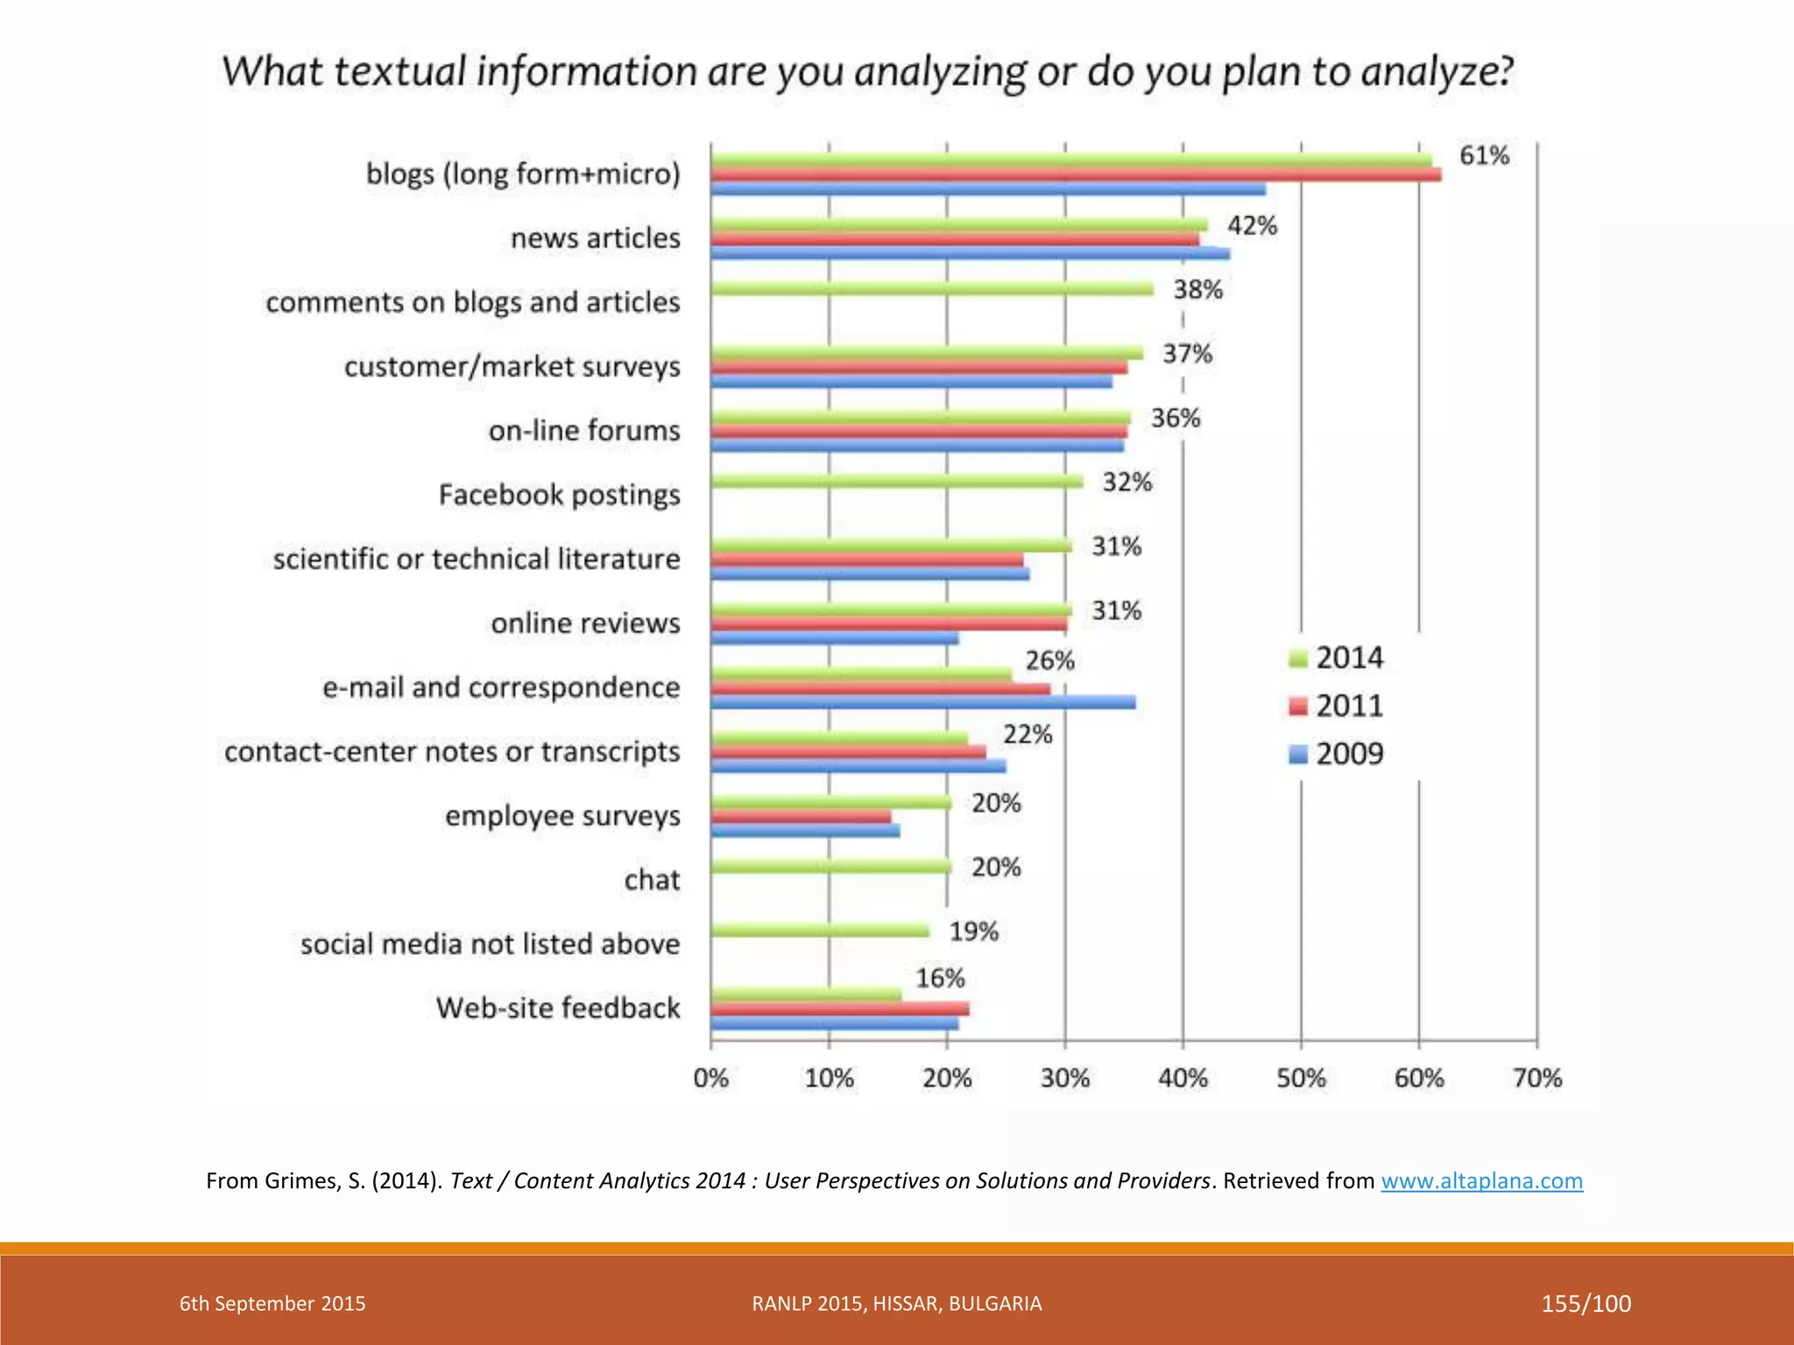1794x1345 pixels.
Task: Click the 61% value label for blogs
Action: click(x=1483, y=156)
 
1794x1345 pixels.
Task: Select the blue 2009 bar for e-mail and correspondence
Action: click(x=922, y=702)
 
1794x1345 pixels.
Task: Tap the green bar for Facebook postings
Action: click(x=896, y=481)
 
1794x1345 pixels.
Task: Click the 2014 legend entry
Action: click(x=1337, y=658)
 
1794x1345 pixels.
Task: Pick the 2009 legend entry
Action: click(x=1337, y=754)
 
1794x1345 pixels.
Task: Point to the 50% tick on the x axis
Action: click(x=1301, y=1078)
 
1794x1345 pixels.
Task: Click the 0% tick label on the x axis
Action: click(x=710, y=1078)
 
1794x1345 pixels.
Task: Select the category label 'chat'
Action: click(x=652, y=879)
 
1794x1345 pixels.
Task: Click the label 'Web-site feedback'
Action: click(x=558, y=1008)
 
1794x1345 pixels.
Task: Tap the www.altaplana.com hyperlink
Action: click(x=1481, y=1180)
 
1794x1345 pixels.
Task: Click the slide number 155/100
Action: click(x=1586, y=1303)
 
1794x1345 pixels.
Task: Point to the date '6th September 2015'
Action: click(x=272, y=1303)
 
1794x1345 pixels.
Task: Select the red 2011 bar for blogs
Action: click(x=1076, y=175)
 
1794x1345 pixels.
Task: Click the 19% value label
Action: click(x=973, y=932)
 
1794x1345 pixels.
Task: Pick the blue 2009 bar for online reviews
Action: click(x=834, y=638)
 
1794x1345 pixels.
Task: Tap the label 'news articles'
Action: click(x=595, y=238)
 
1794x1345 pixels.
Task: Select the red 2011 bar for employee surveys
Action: click(x=801, y=816)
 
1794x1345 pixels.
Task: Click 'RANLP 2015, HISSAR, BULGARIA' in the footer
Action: click(x=896, y=1303)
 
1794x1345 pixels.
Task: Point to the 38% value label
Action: click(x=1197, y=290)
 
